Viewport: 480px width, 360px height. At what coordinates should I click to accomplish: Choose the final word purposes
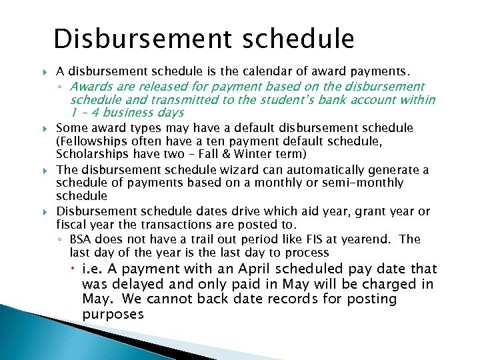click(113, 314)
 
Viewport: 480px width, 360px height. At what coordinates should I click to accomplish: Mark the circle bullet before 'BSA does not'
click(61, 240)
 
